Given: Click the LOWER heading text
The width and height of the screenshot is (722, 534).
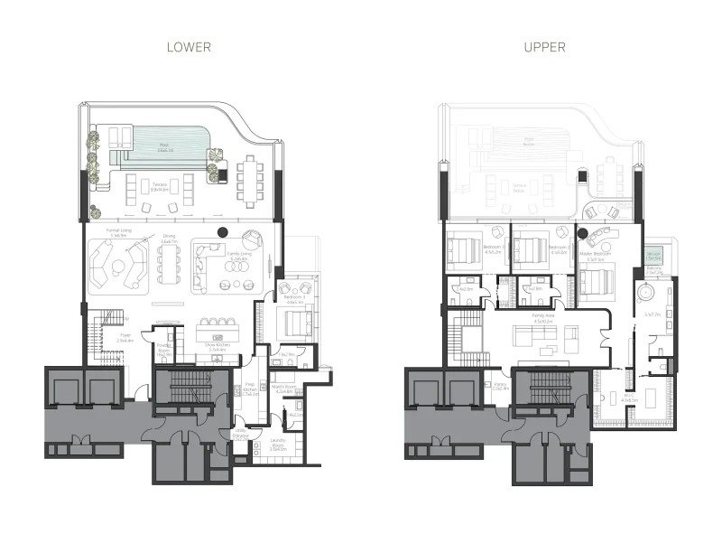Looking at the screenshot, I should click(x=189, y=47).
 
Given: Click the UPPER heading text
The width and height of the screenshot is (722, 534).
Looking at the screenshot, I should click(x=545, y=47).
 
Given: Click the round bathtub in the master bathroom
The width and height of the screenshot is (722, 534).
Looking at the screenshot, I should click(x=645, y=295).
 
